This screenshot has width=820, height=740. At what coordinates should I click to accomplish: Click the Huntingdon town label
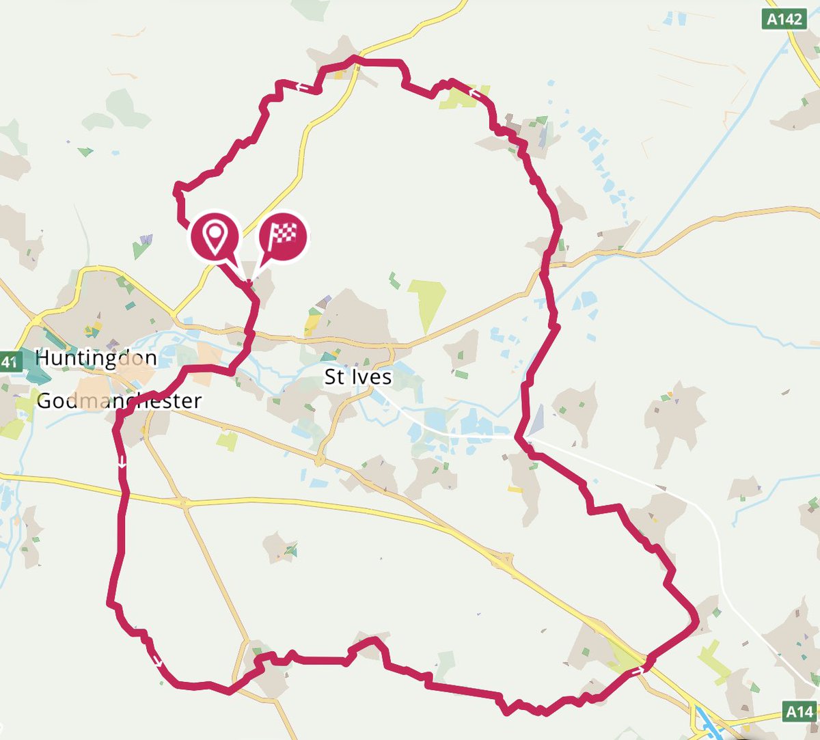click(96, 358)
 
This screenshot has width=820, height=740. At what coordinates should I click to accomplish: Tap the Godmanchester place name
click(119, 401)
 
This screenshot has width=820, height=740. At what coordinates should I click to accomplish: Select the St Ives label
click(357, 376)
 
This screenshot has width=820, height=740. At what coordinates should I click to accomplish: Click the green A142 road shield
click(784, 18)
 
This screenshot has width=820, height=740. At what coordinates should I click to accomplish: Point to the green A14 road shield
click(799, 713)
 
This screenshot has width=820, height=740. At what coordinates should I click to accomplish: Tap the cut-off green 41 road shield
click(8, 361)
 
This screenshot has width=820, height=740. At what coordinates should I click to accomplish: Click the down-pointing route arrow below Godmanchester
click(122, 463)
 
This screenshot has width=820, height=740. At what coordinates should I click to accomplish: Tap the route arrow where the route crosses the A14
click(638, 671)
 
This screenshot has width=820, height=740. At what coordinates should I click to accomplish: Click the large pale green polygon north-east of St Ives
click(428, 304)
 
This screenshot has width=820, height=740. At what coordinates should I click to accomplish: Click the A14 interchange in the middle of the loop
click(504, 562)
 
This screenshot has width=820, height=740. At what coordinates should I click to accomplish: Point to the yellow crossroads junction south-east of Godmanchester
click(183, 503)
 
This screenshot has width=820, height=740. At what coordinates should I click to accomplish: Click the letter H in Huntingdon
click(42, 357)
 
